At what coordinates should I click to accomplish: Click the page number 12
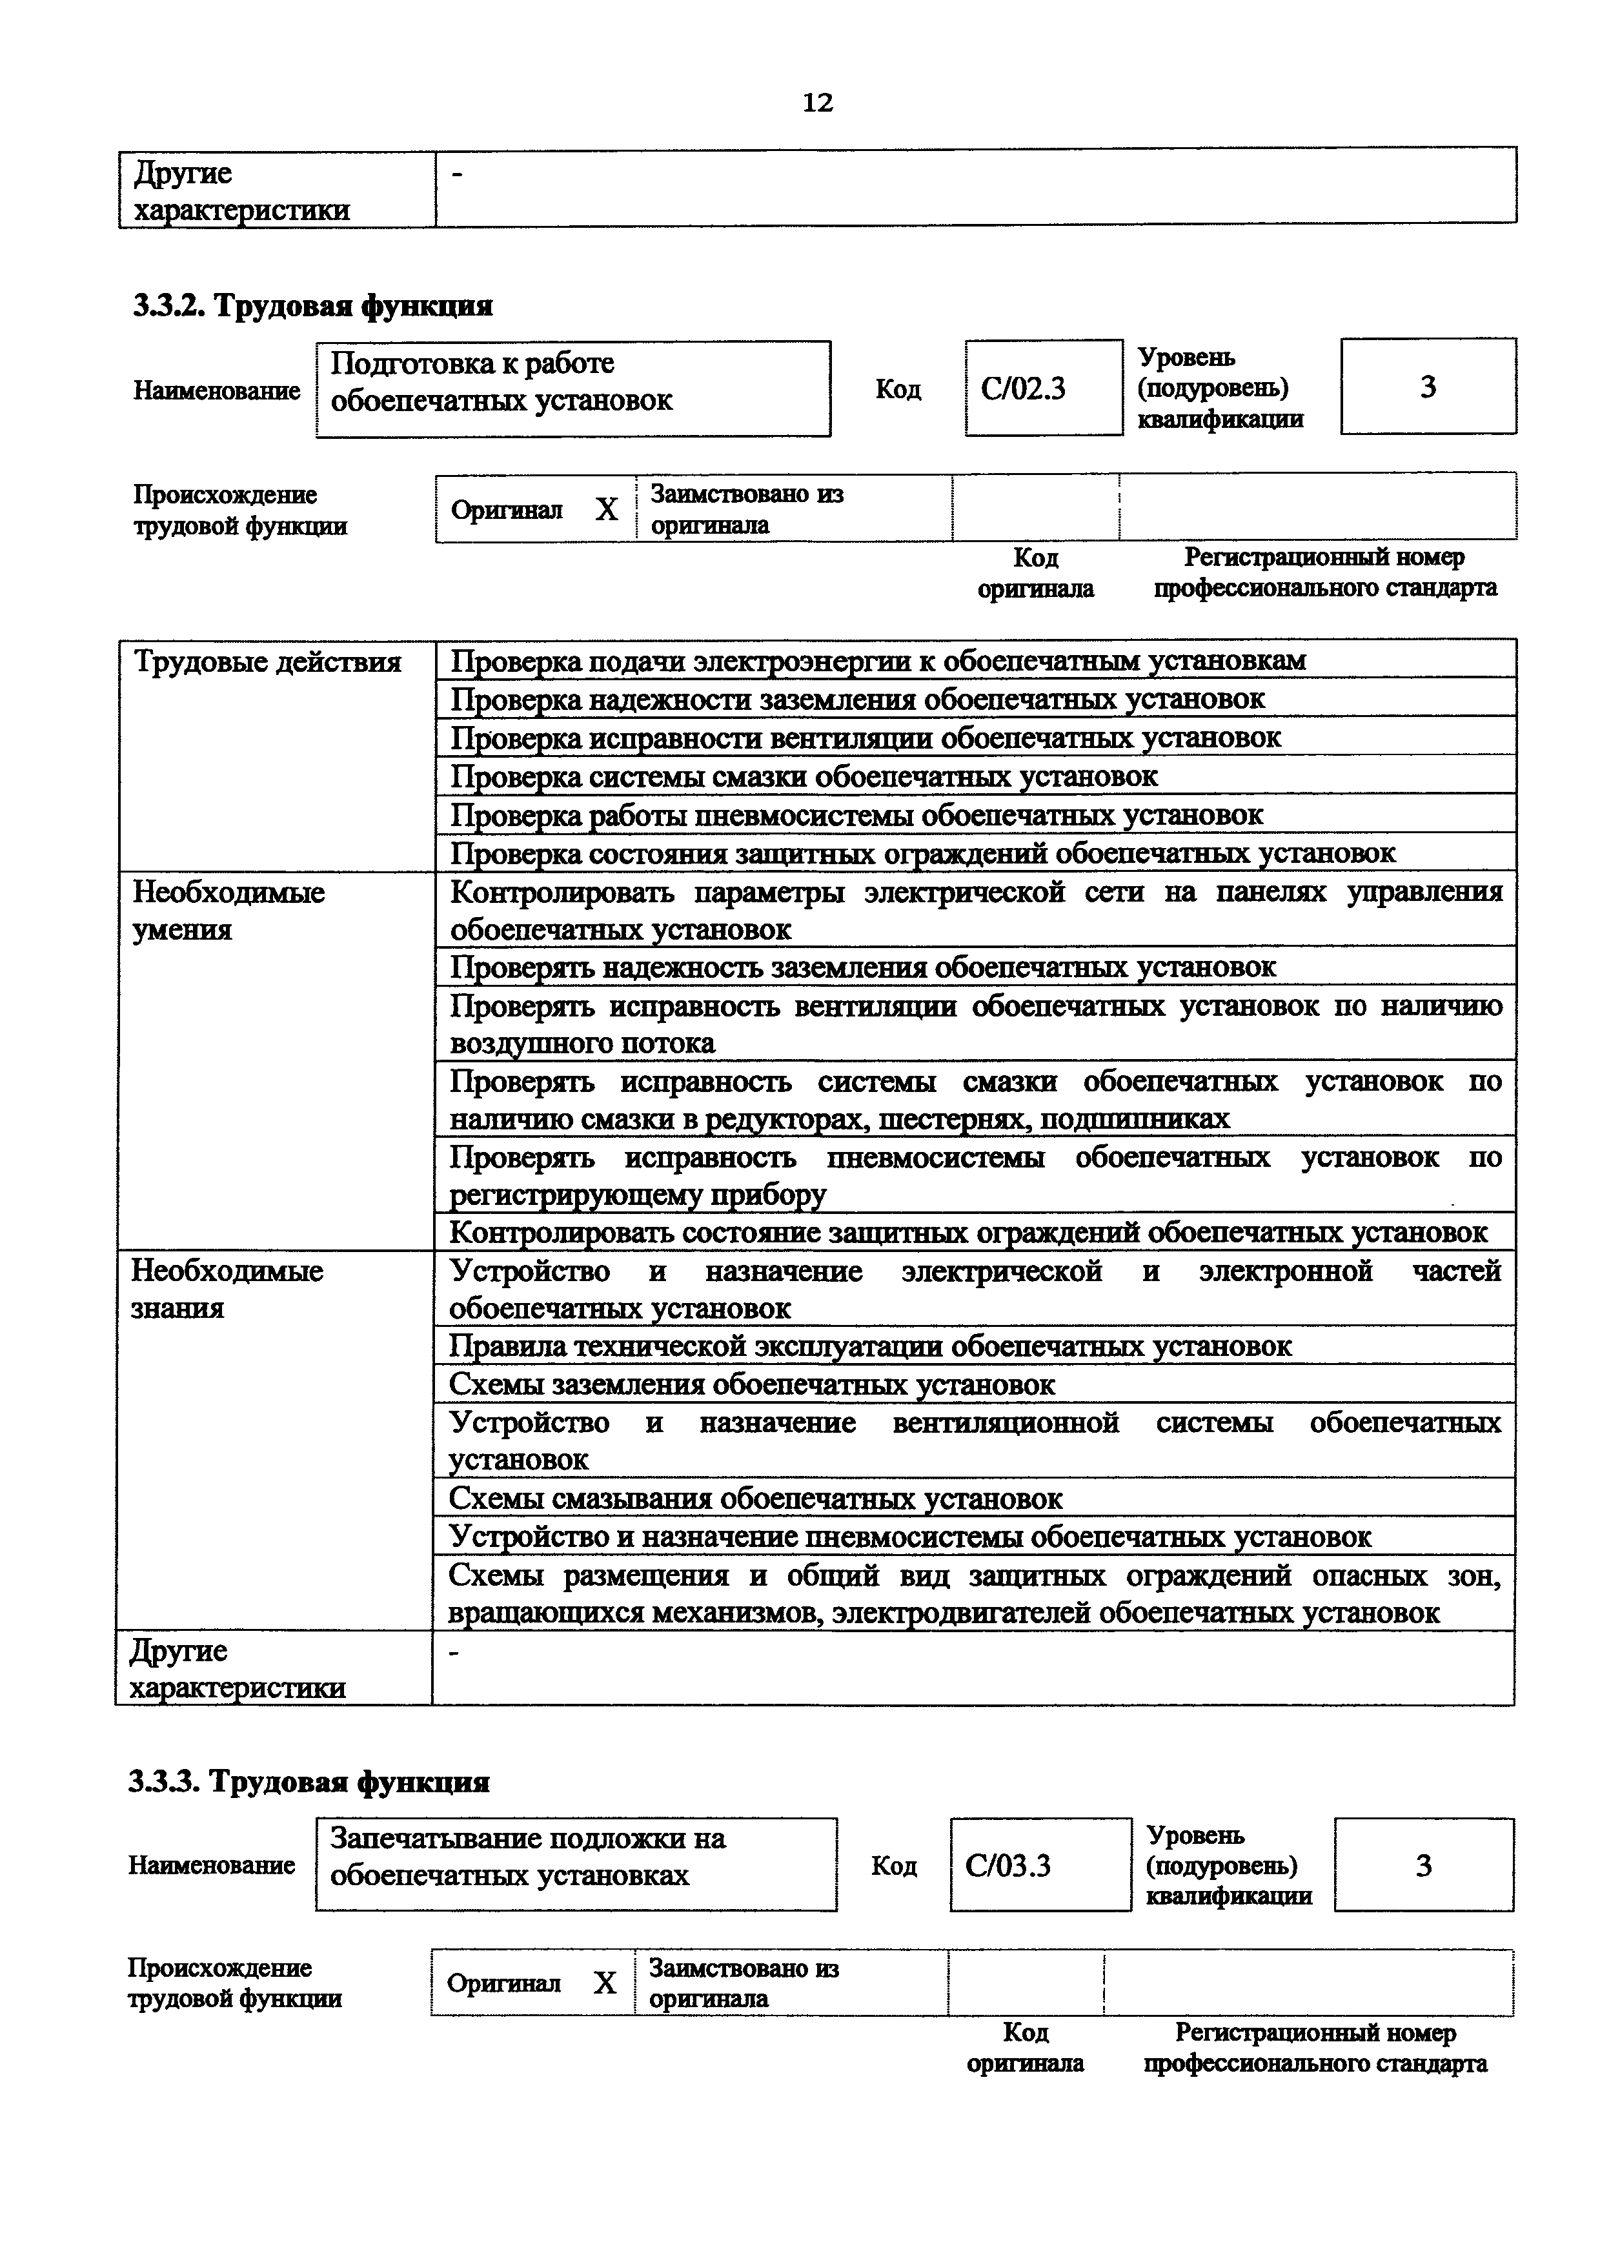click(x=817, y=103)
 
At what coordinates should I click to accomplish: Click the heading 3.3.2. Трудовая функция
click(x=312, y=307)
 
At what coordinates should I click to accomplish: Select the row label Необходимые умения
click(x=228, y=911)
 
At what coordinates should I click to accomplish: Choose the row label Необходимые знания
click(x=227, y=1289)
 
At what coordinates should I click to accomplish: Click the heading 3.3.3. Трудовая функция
click(x=309, y=1782)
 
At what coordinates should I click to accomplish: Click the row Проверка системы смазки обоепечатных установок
click(x=804, y=777)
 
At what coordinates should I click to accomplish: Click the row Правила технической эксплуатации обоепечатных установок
click(x=869, y=1346)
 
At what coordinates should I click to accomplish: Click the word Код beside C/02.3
click(x=897, y=390)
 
